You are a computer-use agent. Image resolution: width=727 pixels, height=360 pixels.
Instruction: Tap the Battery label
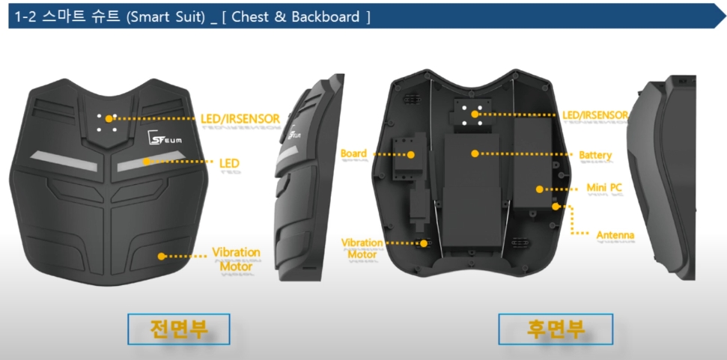click(x=595, y=156)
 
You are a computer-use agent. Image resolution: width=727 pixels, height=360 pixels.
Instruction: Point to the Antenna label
click(x=615, y=236)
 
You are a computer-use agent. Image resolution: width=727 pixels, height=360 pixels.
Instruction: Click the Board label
click(x=353, y=154)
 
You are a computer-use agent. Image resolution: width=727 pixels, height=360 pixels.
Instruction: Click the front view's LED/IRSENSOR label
click(x=240, y=118)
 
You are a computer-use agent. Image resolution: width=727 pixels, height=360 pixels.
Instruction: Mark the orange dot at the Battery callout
click(x=474, y=153)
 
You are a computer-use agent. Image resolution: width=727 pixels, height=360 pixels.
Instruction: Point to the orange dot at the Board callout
click(x=411, y=155)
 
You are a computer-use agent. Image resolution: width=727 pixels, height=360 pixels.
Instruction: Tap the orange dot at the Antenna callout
click(x=555, y=205)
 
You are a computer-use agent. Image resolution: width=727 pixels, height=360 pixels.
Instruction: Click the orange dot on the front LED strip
click(x=147, y=161)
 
